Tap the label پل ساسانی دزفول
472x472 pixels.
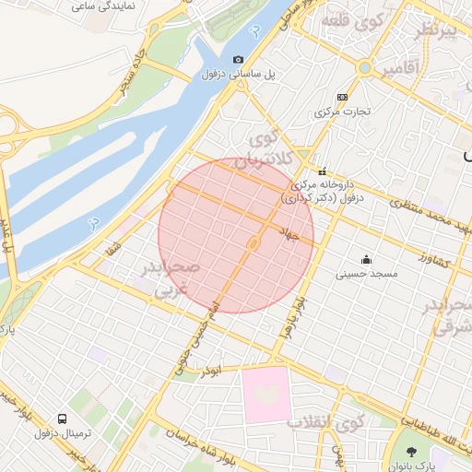tap(213, 74)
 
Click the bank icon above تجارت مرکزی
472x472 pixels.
tap(343, 97)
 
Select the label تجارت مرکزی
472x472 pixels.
tap(342, 112)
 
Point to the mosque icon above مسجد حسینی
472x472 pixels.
tap(367, 259)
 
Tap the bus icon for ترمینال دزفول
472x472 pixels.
tap(63, 418)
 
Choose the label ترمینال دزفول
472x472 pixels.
tap(63, 433)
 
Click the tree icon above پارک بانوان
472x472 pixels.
tap(411, 452)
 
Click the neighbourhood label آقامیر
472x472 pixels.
tap(398, 68)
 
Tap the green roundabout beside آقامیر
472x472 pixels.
tap(365, 67)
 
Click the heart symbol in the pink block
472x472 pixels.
tap(267, 395)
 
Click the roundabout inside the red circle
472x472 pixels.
tap(253, 243)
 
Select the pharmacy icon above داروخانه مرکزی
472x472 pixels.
tap(322, 171)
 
